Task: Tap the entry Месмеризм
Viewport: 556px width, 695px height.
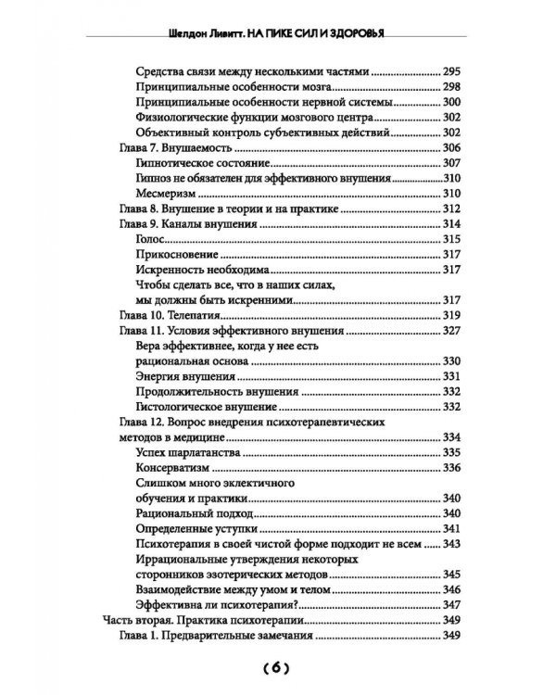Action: (168, 193)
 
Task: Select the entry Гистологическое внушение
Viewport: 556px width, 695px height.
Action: (212, 407)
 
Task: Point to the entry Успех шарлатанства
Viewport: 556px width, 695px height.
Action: (189, 453)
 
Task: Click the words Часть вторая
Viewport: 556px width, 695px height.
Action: (136, 621)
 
